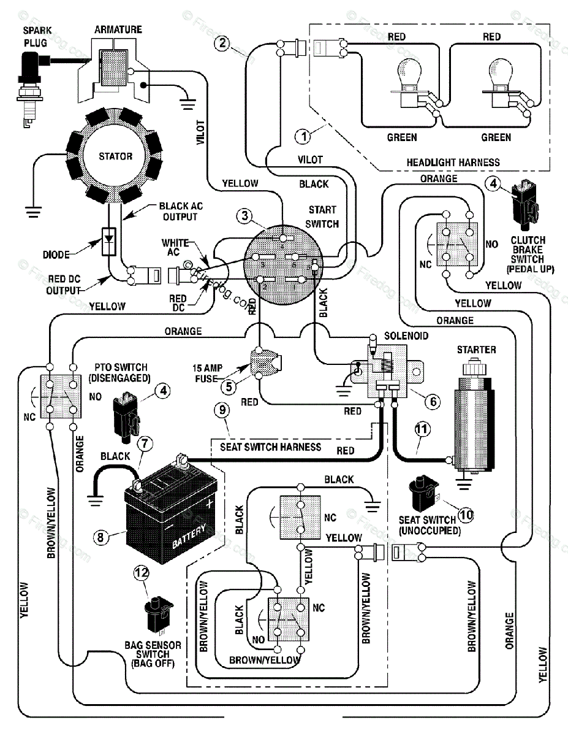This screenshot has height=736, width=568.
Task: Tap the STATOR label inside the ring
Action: click(115, 156)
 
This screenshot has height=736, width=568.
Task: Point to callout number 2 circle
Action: click(222, 43)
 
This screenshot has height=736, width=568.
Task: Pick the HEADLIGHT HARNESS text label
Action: click(453, 163)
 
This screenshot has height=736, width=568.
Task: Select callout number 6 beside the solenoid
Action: click(433, 401)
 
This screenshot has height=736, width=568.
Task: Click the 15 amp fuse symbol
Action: click(264, 363)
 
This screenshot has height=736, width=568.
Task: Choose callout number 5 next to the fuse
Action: click(228, 386)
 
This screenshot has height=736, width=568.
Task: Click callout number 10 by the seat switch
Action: click(466, 514)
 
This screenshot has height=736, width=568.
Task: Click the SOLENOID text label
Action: click(406, 337)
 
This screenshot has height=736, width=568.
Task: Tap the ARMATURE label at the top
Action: click(118, 29)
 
